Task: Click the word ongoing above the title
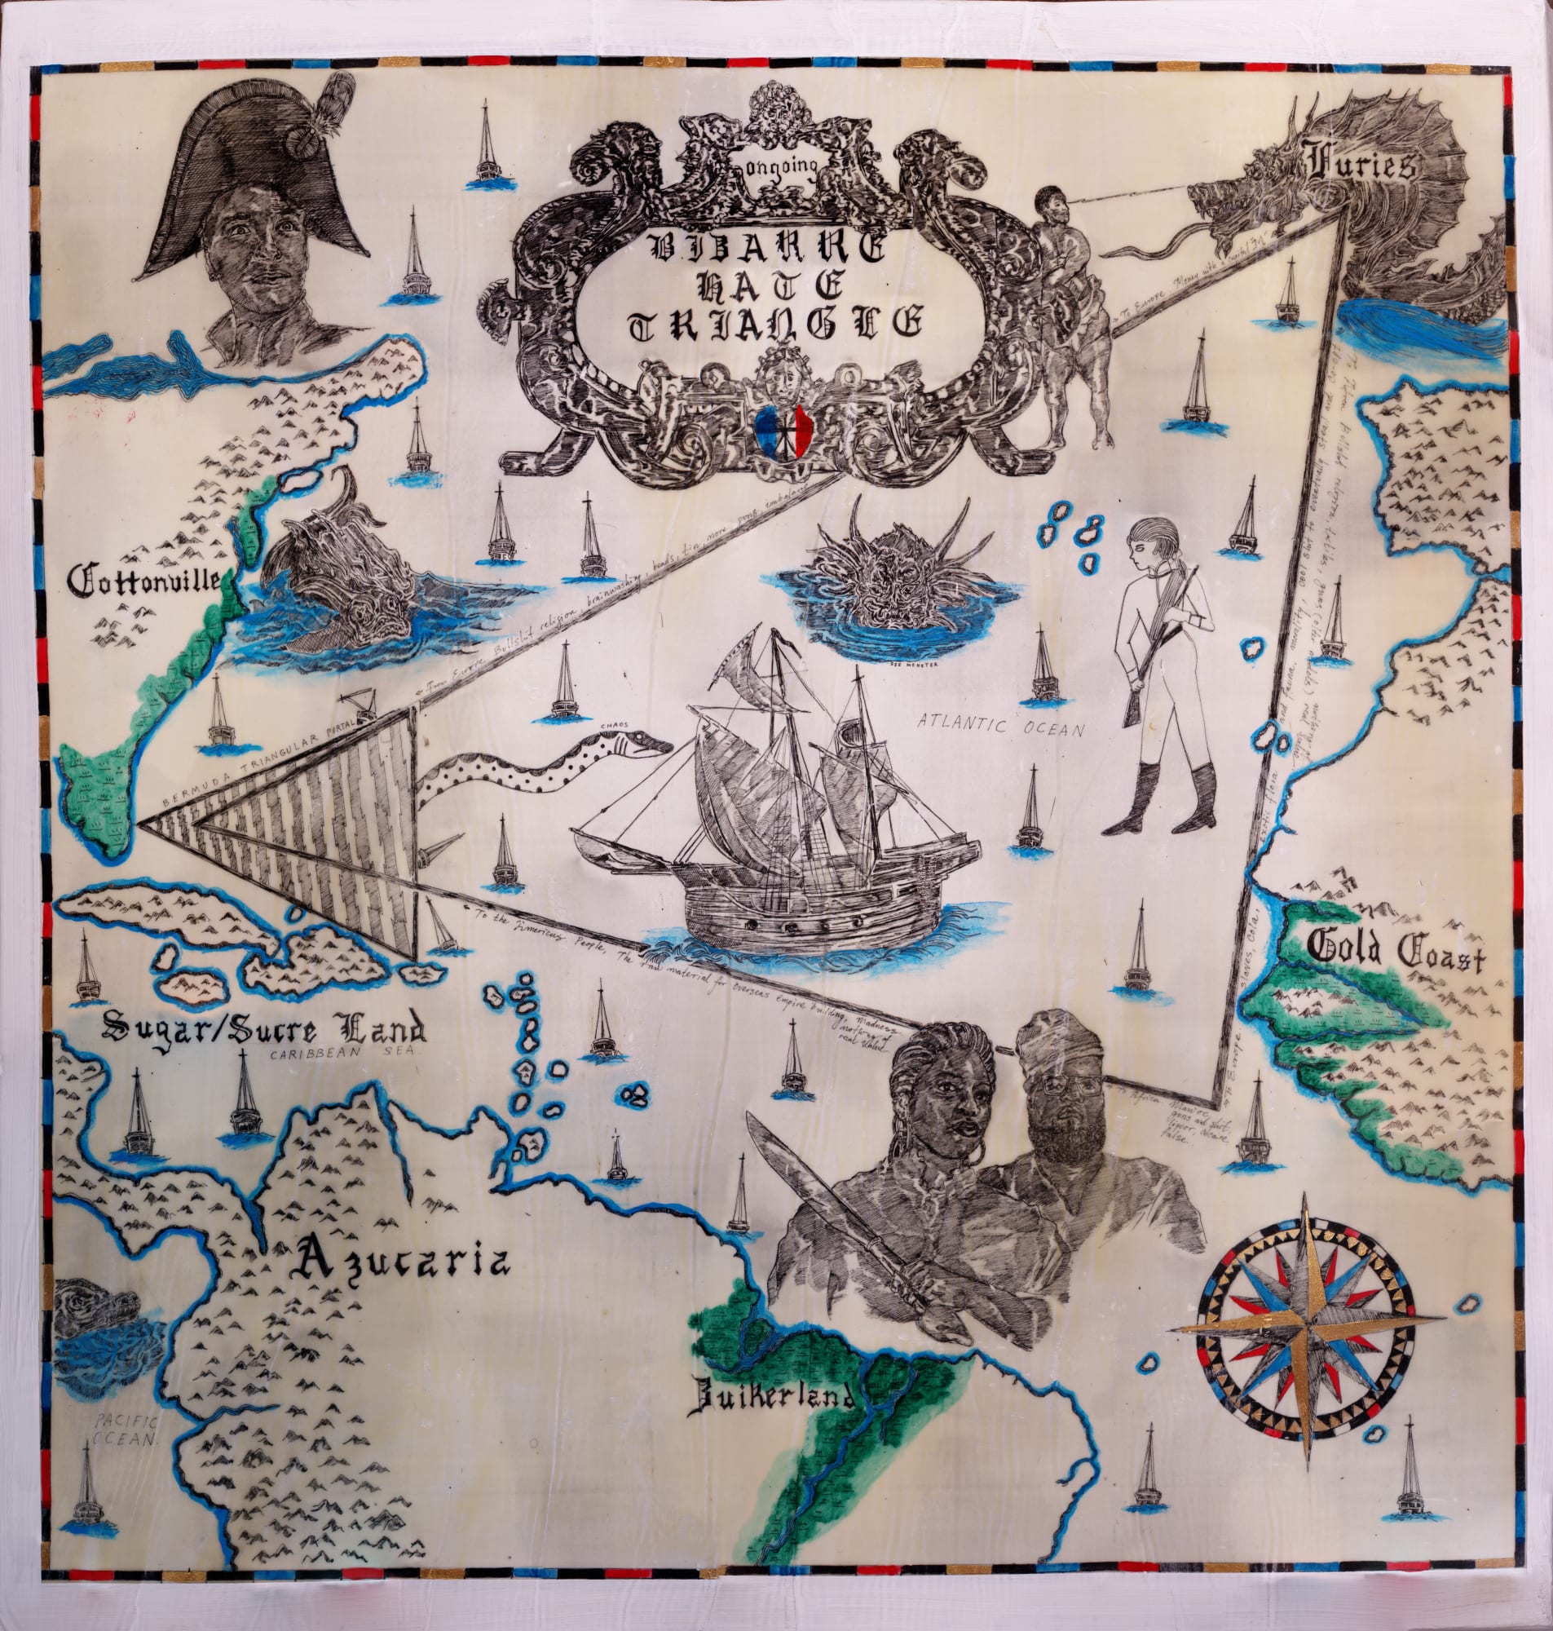[x=784, y=166]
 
